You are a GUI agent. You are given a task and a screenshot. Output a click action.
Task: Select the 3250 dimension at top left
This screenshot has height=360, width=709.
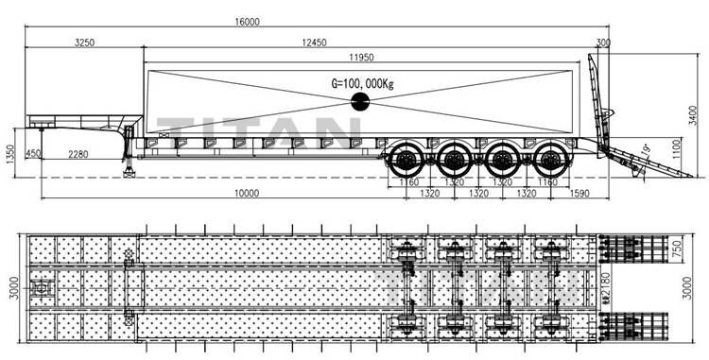[x=85, y=42]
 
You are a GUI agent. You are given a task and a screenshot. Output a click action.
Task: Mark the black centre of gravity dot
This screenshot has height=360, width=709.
[x=361, y=106]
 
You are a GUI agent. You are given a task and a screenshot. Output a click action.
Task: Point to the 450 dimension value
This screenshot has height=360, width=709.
[x=34, y=154]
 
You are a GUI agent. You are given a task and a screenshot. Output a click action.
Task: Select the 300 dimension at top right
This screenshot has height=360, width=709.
[x=603, y=42]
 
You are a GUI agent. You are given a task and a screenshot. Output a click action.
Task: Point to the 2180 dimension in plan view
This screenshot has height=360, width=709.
[x=607, y=282]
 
